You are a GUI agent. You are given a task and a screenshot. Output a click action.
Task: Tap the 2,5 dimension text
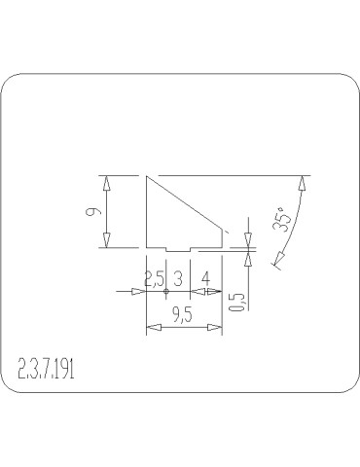click(x=154, y=278)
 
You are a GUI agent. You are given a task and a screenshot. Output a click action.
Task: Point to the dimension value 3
click(x=179, y=278)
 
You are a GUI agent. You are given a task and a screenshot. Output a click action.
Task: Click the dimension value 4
click(x=205, y=278)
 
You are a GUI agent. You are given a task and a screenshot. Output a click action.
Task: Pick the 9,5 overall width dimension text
click(x=181, y=314)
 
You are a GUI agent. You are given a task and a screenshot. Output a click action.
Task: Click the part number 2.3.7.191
click(x=47, y=369)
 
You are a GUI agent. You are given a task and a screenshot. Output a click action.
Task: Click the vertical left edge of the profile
click(x=145, y=212)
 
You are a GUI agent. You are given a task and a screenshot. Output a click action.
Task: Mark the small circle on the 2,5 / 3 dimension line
click(x=166, y=291)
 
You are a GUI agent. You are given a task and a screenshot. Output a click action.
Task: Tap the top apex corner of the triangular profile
click(x=146, y=176)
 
